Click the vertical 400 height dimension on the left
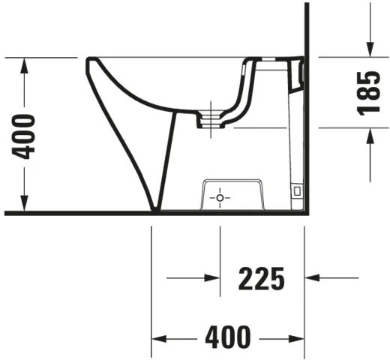tap(26, 136)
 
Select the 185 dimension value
tap(367, 92)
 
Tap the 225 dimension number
tap(262, 278)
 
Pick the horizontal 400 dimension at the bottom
tap(228, 338)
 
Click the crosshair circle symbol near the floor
tap(220, 197)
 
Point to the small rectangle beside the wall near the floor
tap(297, 192)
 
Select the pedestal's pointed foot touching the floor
tap(155, 208)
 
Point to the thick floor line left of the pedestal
tap(75, 213)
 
